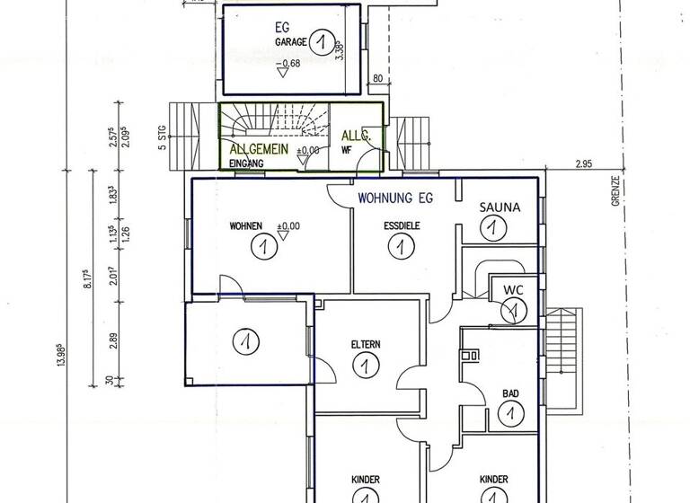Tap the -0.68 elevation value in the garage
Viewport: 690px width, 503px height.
pos(289,62)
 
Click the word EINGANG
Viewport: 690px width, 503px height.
pos(246,163)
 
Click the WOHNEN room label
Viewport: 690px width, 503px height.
pos(245,225)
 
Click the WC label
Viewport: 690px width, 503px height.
pos(513,291)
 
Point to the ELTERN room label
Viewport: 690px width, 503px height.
pos(367,345)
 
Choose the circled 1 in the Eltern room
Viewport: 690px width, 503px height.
pos(365,366)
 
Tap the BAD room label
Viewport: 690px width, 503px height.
pos(509,392)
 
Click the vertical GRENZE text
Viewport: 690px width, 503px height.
pos(616,190)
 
